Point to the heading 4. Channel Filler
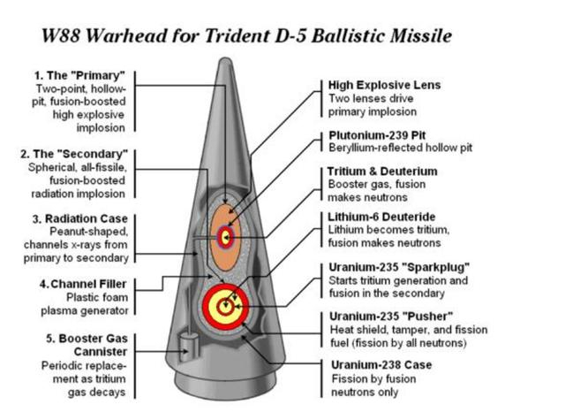81,284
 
